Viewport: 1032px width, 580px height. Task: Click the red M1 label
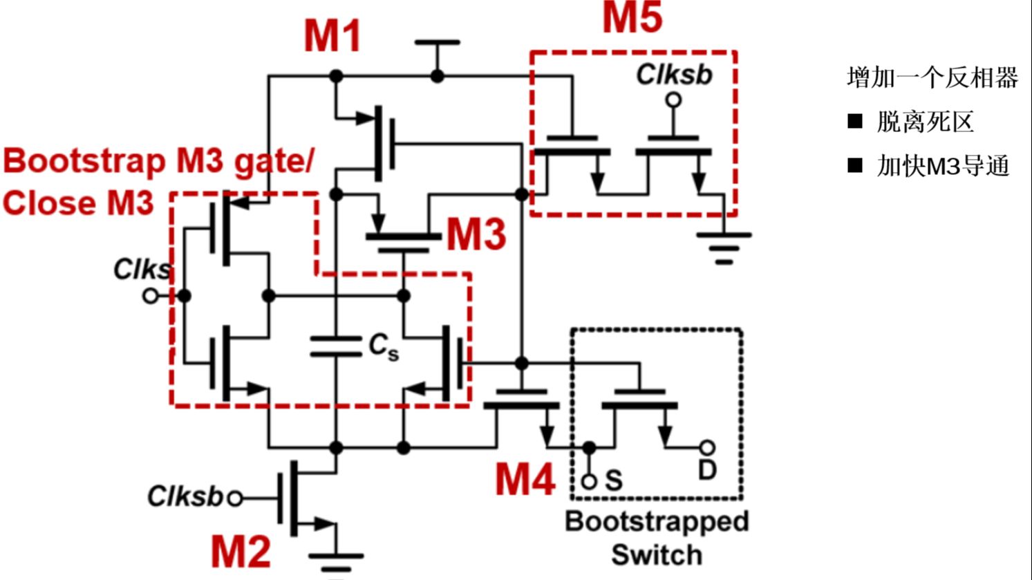click(332, 36)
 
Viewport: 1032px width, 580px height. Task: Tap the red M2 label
click(241, 551)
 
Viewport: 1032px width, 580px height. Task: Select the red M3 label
click(476, 234)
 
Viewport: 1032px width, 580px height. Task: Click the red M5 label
click(632, 18)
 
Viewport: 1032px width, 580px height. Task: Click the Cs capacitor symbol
click(336, 346)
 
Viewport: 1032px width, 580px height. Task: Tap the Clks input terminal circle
click(150, 296)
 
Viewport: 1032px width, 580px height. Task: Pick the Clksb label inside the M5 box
click(674, 75)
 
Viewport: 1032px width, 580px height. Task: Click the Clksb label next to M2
click(185, 496)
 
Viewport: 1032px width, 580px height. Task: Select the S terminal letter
click(613, 480)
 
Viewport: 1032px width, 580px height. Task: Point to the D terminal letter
click(706, 471)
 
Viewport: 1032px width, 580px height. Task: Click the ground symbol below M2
click(336, 556)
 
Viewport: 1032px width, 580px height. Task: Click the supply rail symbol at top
click(437, 44)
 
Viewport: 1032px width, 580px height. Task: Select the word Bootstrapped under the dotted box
click(656, 521)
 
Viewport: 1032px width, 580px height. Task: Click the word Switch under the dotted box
click(656, 554)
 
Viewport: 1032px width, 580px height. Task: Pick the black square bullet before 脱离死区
click(855, 122)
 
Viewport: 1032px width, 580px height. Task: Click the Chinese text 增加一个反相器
click(932, 77)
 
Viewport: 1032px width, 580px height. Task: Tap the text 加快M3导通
click(943, 166)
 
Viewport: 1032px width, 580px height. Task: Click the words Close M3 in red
click(78, 203)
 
